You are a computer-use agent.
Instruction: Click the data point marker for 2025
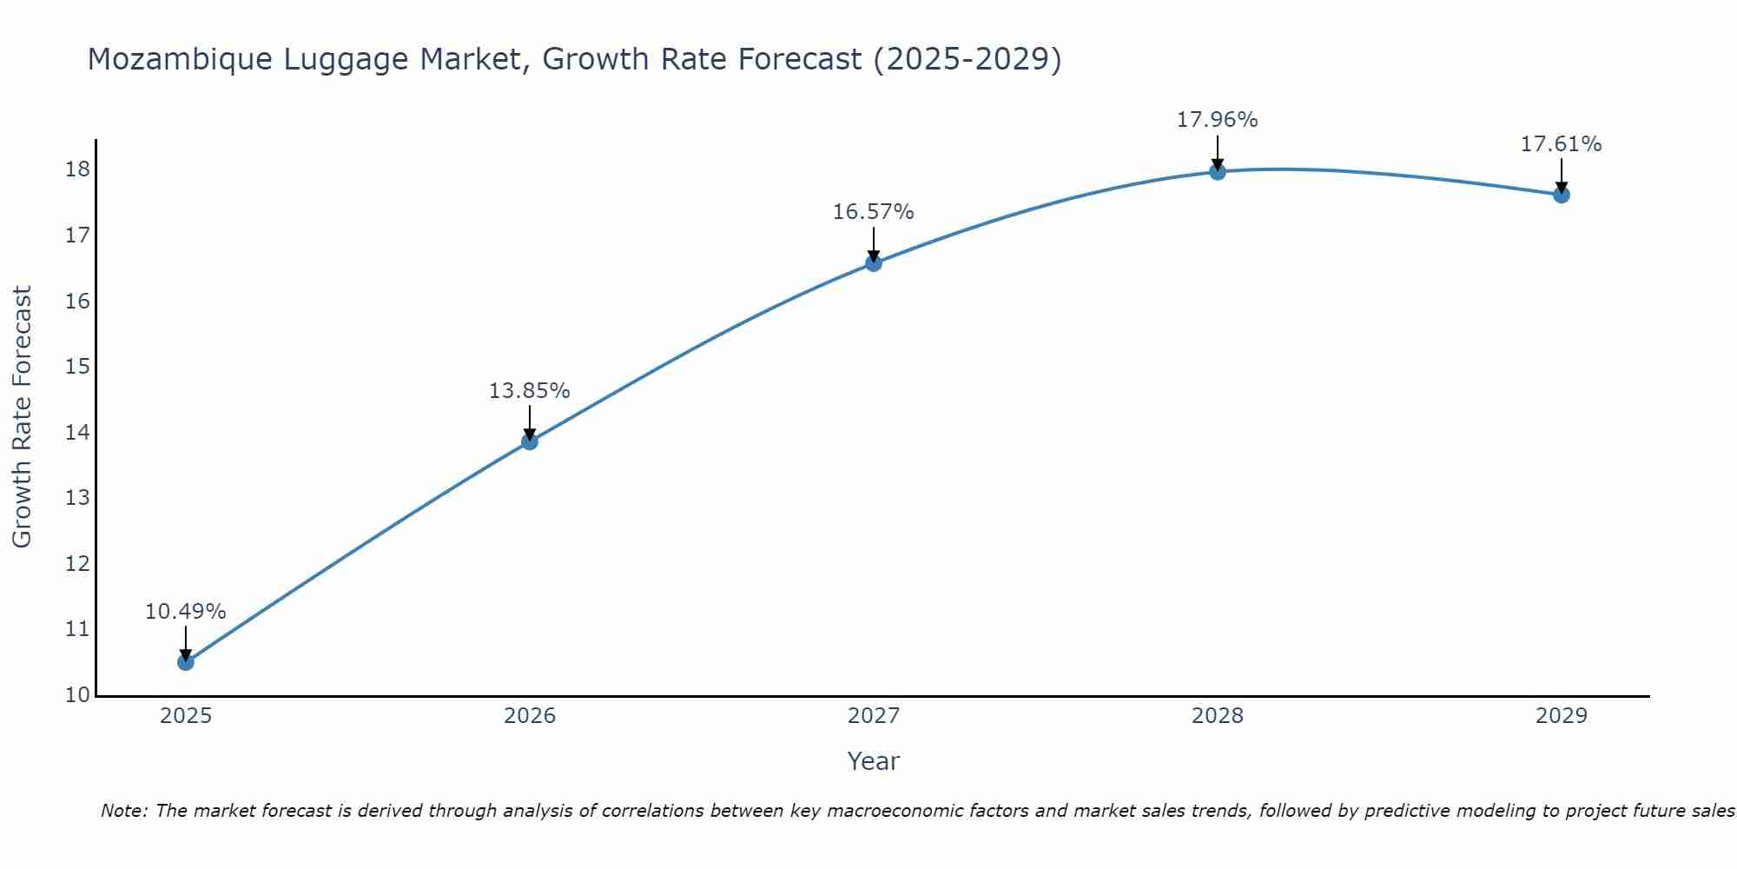(186, 662)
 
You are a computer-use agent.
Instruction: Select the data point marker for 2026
(530, 441)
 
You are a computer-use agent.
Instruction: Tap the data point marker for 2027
(874, 263)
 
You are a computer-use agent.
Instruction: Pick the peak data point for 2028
(1218, 172)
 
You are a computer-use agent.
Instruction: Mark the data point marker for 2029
(1562, 195)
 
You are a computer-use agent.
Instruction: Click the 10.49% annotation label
(185, 612)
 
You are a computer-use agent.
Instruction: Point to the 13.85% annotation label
(529, 391)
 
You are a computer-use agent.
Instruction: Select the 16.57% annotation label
(873, 212)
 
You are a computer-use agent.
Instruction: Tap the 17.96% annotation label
(1217, 120)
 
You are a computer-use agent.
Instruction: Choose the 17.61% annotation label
(1561, 144)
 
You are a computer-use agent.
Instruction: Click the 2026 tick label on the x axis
(530, 716)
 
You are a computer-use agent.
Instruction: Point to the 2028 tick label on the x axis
(1218, 716)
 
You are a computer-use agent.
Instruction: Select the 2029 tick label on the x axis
(1562, 716)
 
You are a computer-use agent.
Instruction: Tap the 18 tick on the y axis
(78, 169)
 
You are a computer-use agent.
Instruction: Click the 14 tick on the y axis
(78, 433)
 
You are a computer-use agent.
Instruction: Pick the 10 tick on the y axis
(78, 695)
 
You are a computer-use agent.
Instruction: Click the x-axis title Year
(873, 761)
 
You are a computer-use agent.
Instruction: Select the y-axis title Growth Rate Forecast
(22, 417)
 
